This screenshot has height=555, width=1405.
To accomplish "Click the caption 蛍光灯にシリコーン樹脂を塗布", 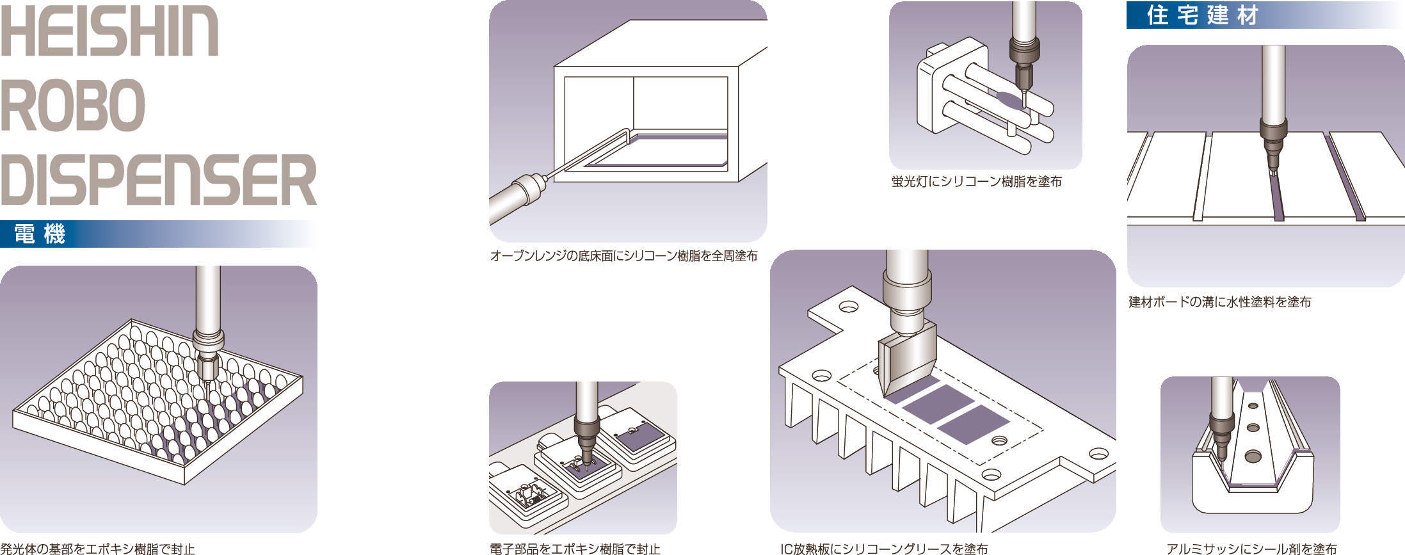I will click(976, 182).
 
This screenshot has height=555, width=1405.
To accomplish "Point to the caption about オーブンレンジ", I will click(623, 256).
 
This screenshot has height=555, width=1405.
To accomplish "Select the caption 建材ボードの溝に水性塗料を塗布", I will click(1219, 302).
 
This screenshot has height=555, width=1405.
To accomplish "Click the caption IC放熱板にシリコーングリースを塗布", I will click(883, 549).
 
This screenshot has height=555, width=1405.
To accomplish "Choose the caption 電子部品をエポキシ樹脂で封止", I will click(574, 549).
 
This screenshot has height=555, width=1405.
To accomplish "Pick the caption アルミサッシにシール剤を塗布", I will click(1251, 549).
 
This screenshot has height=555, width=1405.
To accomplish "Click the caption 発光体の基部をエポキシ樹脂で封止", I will click(97, 549).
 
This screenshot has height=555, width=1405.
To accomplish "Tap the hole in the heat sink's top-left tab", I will click(849, 307).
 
